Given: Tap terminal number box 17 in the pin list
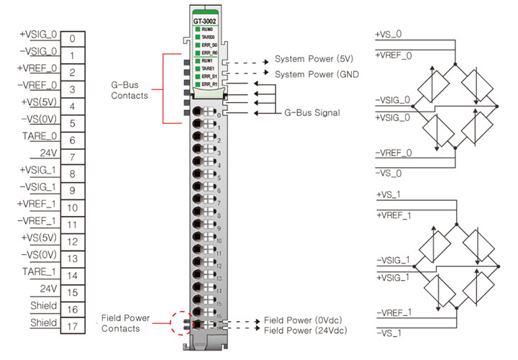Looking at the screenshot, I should [x=73, y=326].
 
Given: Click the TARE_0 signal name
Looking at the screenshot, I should [x=40, y=138].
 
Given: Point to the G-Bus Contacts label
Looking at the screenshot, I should [x=129, y=89].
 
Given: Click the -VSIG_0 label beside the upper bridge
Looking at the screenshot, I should [x=392, y=100].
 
